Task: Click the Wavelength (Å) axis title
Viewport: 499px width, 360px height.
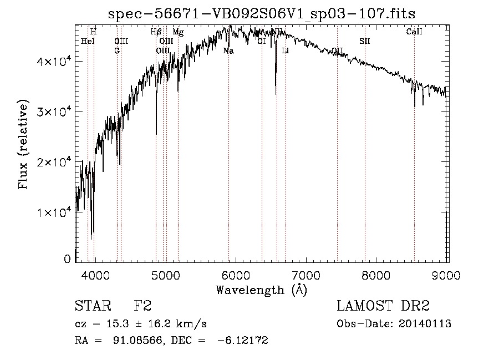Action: pyautogui.click(x=261, y=289)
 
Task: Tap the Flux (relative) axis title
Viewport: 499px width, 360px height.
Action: pyautogui.click(x=24, y=145)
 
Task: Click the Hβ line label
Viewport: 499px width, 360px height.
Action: pyautogui.click(x=156, y=32)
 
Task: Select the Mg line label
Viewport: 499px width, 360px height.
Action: pyautogui.click(x=178, y=32)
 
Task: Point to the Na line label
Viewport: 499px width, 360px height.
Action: pyautogui.click(x=228, y=51)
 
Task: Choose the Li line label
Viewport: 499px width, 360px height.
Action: pyautogui.click(x=286, y=51)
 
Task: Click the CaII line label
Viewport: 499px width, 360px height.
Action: pyautogui.click(x=414, y=32)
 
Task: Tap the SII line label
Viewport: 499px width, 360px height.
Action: pyautogui.click(x=364, y=41)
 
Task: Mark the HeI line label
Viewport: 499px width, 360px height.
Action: pyautogui.click(x=88, y=41)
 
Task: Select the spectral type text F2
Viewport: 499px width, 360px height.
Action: pyautogui.click(x=142, y=306)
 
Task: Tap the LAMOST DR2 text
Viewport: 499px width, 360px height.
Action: pyautogui.click(x=383, y=306)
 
